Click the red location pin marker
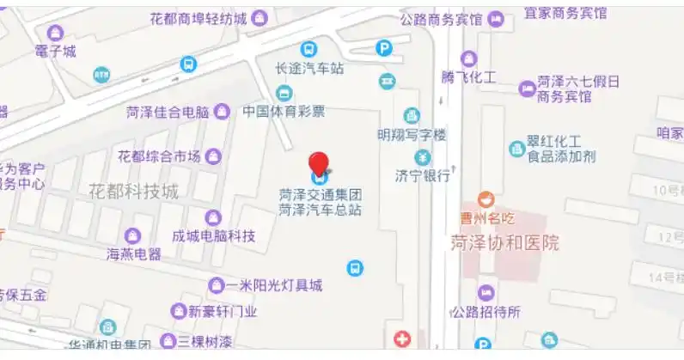(319, 164)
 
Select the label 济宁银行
(423, 175)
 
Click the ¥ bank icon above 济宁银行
(423, 157)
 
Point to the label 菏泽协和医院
(504, 243)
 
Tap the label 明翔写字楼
(412, 134)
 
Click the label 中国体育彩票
(284, 111)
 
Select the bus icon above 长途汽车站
(308, 50)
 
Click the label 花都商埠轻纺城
(198, 17)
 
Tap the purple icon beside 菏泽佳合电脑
(222, 111)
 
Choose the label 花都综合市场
(159, 156)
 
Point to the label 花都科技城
(133, 191)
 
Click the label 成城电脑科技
(214, 235)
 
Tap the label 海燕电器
(133, 253)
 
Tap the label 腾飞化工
(468, 77)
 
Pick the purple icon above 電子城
(56, 34)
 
